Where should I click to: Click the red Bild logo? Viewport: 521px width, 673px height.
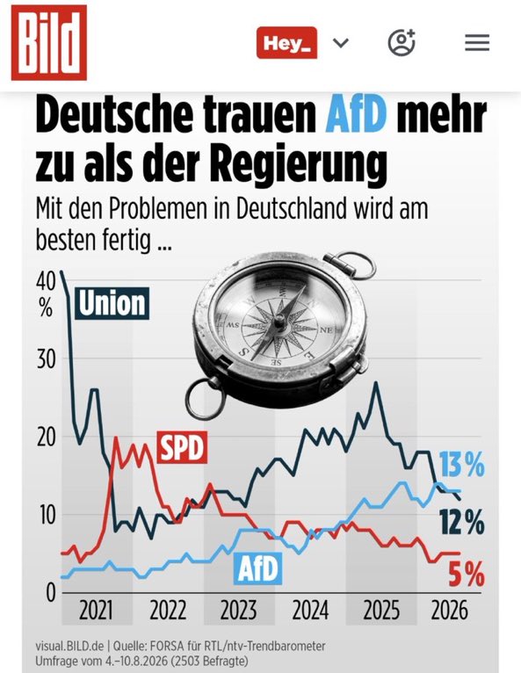(49, 42)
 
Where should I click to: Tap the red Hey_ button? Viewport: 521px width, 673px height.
(286, 42)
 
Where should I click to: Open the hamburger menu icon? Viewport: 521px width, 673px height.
(477, 42)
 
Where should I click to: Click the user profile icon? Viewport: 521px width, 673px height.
(402, 42)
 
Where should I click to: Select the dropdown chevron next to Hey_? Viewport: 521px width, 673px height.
(341, 43)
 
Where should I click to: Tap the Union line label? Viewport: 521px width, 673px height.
(112, 303)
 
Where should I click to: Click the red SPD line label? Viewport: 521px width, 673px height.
(182, 447)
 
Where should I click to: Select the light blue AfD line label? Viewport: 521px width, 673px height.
(258, 568)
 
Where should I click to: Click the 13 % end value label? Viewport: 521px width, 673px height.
(462, 465)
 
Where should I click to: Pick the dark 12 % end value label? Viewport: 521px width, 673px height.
(462, 522)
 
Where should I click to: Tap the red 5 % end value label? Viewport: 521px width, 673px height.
(467, 575)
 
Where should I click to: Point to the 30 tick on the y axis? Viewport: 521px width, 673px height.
(47, 359)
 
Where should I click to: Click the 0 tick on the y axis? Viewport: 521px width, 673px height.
(51, 593)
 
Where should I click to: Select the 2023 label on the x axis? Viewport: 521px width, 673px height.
(239, 611)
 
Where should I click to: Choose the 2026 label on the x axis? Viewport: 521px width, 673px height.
(449, 611)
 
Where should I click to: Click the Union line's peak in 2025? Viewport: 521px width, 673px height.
(376, 382)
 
